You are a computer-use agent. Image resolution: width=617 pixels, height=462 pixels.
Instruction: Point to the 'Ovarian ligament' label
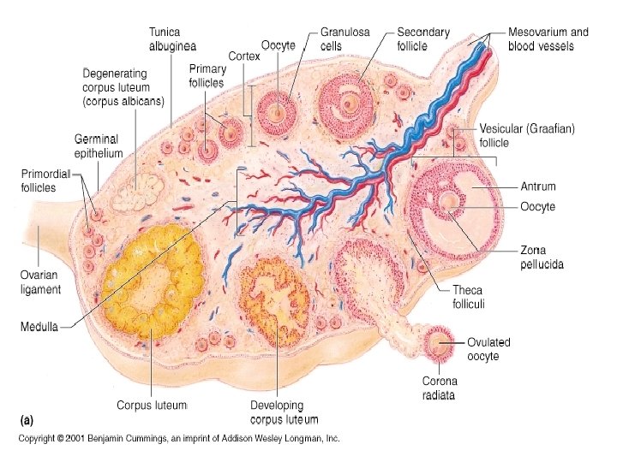coord(41,282)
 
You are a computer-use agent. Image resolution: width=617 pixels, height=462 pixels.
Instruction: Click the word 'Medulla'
coord(39,326)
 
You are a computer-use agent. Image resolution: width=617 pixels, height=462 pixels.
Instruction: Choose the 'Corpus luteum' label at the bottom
coord(152,404)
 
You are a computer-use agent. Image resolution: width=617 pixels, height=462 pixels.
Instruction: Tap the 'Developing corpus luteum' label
coord(284,412)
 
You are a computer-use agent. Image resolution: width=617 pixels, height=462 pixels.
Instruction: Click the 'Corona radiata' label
coord(440,388)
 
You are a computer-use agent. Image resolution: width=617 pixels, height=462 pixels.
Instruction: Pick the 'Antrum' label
coord(538,187)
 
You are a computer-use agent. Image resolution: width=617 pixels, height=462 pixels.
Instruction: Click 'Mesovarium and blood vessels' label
coord(548,38)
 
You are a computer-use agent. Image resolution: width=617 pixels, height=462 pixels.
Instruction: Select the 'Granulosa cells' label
coord(345,38)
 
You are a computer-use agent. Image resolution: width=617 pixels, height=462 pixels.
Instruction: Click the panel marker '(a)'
coord(27,421)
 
